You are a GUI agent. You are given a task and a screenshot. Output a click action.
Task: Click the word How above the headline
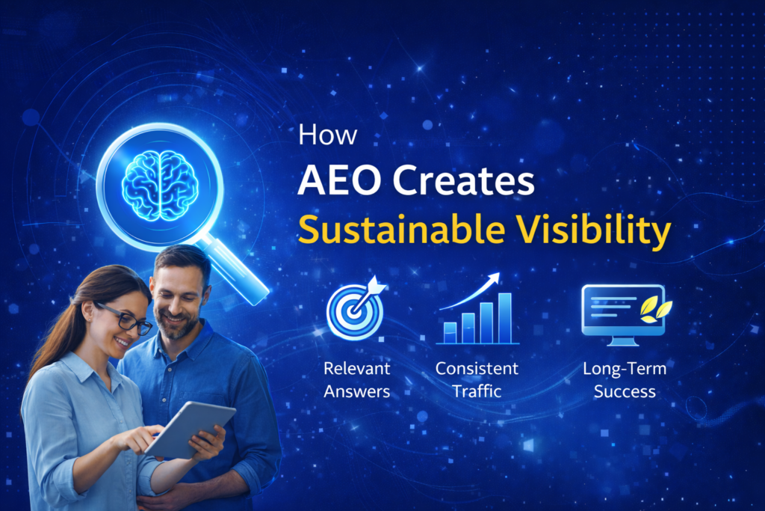point(327,135)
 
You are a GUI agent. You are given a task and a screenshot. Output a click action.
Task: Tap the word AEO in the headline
point(339,181)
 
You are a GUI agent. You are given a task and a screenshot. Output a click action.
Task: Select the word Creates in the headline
point(463,181)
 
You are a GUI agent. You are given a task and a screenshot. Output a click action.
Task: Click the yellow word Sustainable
point(401,229)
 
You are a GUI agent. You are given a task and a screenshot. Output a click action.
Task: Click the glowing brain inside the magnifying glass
point(160,185)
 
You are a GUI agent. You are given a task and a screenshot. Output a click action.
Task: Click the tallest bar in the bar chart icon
point(505,319)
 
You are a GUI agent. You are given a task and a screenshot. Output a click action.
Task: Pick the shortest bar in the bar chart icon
point(450,333)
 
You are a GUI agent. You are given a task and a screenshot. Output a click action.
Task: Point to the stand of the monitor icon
point(623,340)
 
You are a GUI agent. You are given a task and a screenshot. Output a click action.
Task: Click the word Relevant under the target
point(356,368)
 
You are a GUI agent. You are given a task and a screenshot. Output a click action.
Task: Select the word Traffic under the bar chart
point(477,391)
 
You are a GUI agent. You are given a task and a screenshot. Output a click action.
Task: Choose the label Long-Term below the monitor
point(625,369)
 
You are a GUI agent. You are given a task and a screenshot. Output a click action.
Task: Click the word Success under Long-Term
point(625,391)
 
